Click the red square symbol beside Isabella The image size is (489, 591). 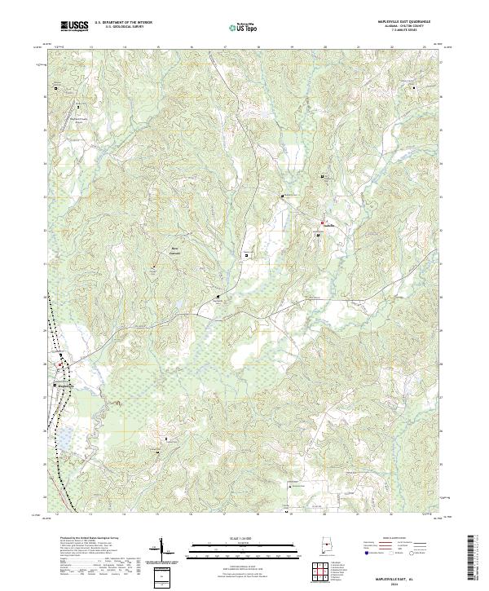(323, 221)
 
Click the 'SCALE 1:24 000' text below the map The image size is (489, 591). (231, 539)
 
